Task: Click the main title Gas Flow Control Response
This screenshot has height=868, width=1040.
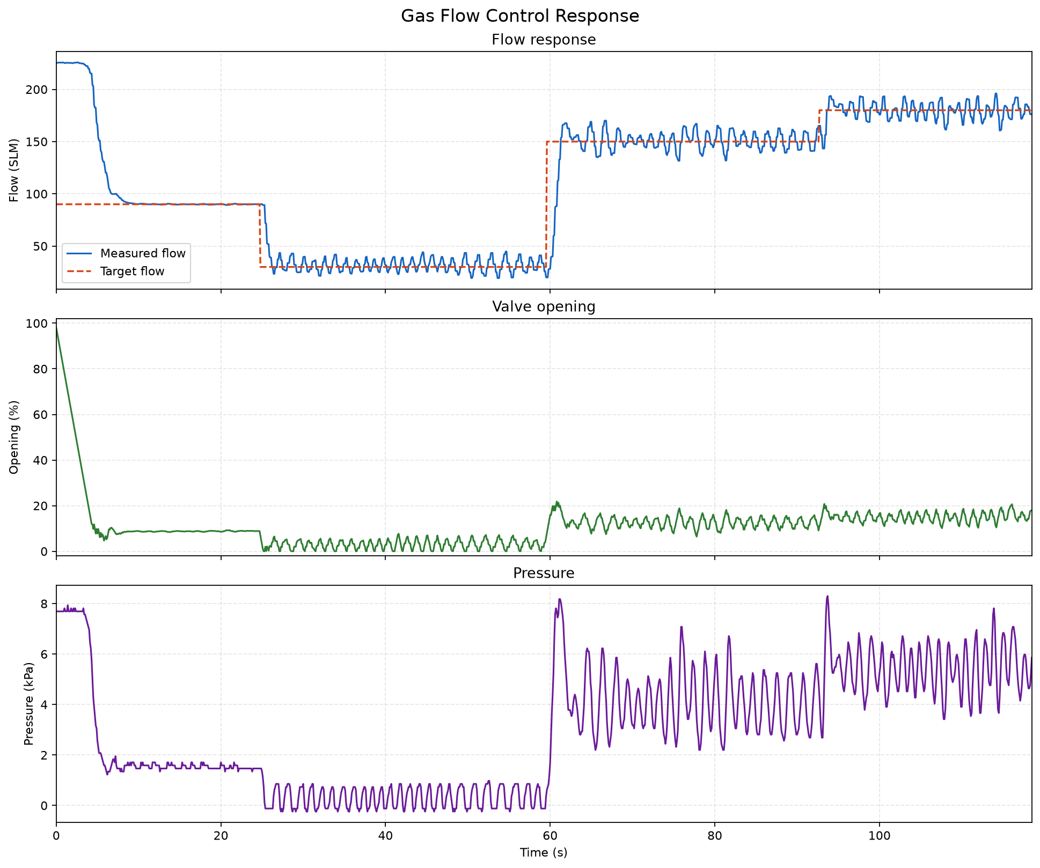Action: tap(520, 16)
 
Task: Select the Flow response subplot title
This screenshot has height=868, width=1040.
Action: tap(544, 40)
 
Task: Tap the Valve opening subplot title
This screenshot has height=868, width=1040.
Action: tap(544, 307)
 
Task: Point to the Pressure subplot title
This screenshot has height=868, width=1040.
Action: tap(544, 573)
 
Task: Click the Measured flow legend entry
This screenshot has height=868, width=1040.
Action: tap(143, 253)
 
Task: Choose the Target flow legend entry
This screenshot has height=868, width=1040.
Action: tap(132, 271)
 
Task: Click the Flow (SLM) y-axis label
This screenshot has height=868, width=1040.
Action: tap(14, 171)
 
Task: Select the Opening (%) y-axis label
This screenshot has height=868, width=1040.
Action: tap(14, 437)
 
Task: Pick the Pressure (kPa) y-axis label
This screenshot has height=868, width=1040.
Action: tap(29, 704)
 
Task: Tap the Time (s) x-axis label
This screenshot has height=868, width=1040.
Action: tap(544, 852)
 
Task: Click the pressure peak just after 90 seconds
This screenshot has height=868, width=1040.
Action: tap(827, 596)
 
